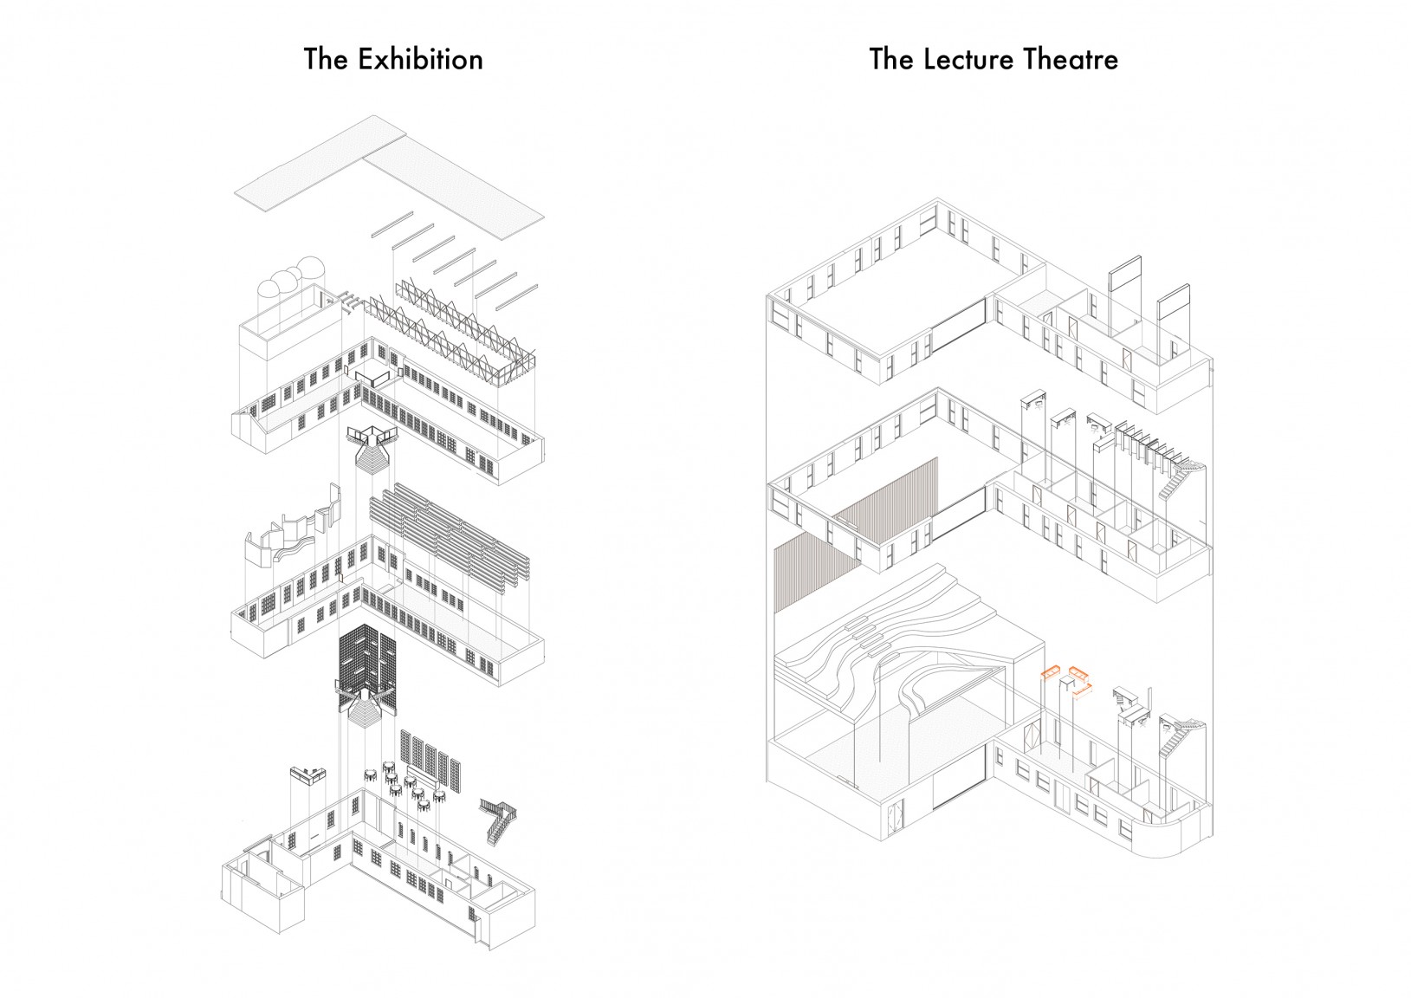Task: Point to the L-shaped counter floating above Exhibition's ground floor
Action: tap(308, 773)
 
